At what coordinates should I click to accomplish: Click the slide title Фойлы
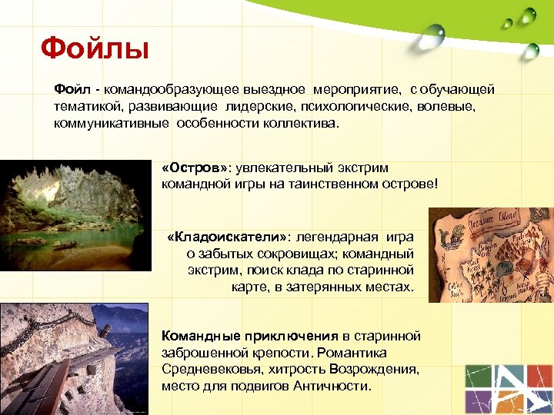tap(94, 50)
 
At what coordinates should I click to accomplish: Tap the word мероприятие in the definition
tap(366, 91)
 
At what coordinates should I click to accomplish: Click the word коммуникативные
tap(112, 123)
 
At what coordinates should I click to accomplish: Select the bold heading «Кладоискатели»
tap(227, 237)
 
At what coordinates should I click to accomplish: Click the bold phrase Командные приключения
tap(249, 336)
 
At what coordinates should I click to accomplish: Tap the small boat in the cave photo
tap(63, 245)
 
